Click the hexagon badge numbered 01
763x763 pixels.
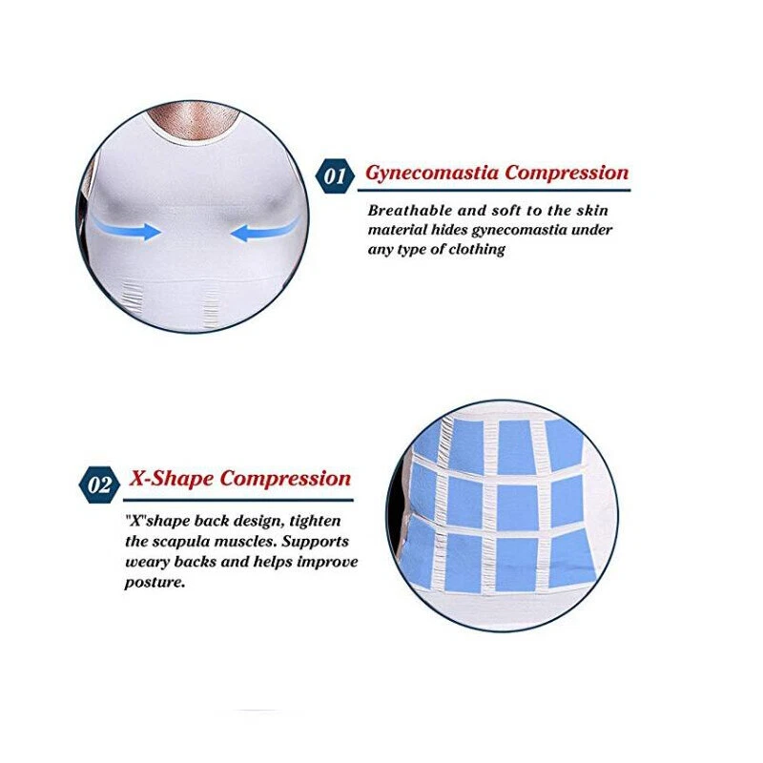pos(336,175)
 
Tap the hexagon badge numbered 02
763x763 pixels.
pos(99,485)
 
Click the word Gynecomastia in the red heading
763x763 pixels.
pos(432,174)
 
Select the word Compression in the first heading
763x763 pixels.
pos(567,174)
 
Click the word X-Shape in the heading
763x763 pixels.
pos(172,479)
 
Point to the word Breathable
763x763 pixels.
pos(410,210)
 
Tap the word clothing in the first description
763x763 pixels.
pos(477,250)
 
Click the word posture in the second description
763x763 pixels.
pos(155,583)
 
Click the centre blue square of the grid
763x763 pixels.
pos(518,506)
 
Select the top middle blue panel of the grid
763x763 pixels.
pos(515,445)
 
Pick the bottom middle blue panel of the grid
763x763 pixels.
pos(516,565)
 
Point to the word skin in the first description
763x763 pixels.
pos(592,210)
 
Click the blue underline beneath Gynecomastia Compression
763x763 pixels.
pos(494,190)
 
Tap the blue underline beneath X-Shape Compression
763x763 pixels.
pos(238,500)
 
